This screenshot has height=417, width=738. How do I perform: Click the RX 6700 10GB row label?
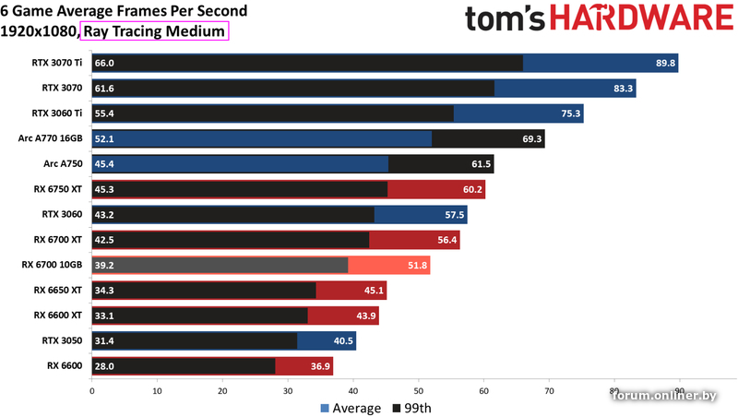pyautogui.click(x=52, y=265)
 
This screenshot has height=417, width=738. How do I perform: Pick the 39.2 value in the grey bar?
pyautogui.click(x=104, y=265)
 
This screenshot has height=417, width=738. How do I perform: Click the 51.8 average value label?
pyautogui.click(x=418, y=265)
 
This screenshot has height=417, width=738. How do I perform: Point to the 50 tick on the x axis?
pyautogui.click(x=418, y=390)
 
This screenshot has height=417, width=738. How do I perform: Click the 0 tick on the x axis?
pyautogui.click(x=91, y=390)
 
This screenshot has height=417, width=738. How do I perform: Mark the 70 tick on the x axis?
pyautogui.click(x=549, y=390)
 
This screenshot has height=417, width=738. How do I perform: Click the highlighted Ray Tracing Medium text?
pyautogui.click(x=154, y=30)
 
